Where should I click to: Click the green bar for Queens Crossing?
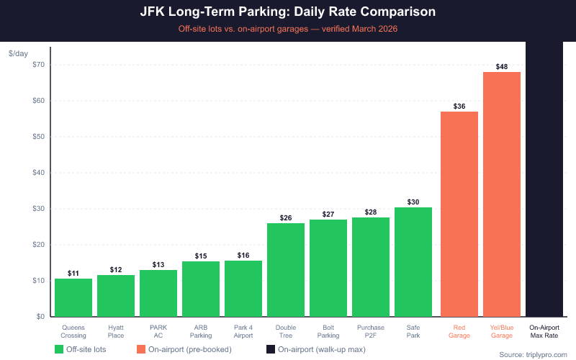[73, 297]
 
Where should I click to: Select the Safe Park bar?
[413, 262]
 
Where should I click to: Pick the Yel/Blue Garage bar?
[502, 194]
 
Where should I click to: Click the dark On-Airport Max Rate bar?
[544, 180]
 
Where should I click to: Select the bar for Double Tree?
[286, 270]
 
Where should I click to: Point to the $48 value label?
[502, 67]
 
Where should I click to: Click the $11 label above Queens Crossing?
[73, 274]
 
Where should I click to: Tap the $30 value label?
[413, 202]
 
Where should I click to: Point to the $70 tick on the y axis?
[39, 65]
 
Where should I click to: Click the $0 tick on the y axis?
[41, 317]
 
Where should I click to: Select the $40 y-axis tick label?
[39, 173]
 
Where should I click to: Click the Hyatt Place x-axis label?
[116, 331]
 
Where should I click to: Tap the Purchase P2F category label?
[371, 331]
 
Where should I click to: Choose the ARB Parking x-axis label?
[201, 331]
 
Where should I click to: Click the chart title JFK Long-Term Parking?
[288, 13]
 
